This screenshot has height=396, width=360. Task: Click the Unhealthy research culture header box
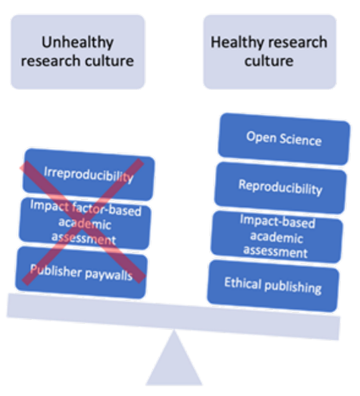[x=78, y=51]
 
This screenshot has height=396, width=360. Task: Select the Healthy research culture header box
[x=269, y=51]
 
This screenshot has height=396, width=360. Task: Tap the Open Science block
[x=283, y=138]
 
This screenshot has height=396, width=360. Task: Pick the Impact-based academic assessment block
[x=277, y=237]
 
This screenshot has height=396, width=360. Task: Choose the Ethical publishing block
[x=273, y=285]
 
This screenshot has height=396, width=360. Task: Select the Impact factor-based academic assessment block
[x=85, y=222]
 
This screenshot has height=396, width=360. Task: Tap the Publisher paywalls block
[x=81, y=272]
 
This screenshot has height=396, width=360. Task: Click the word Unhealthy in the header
[x=78, y=42]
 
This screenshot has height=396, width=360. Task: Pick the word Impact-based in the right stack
[x=277, y=222]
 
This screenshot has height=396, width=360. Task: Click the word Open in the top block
[x=259, y=137]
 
